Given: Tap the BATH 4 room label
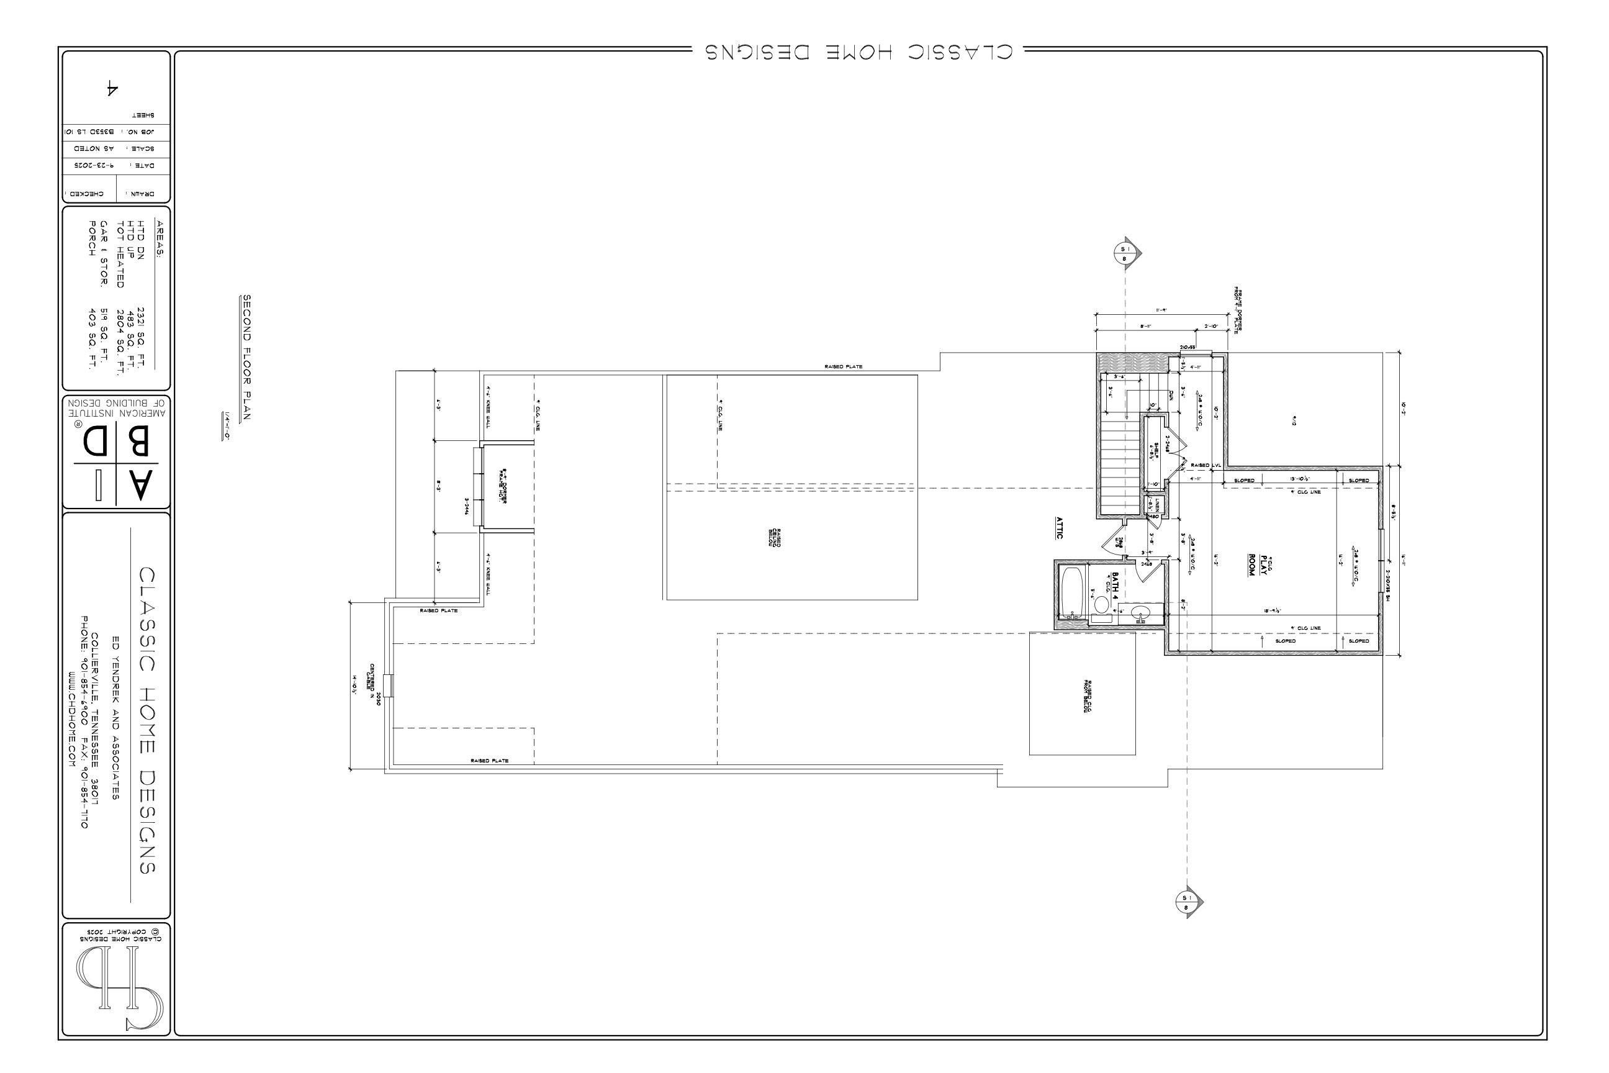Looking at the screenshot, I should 1114,585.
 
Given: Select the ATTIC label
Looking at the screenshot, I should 1059,527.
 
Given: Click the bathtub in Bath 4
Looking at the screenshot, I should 1071,591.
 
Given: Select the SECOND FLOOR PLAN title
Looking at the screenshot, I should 247,357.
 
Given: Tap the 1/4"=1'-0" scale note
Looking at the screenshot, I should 226,425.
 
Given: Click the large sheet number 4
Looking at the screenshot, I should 112,88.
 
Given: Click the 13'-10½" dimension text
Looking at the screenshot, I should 1299,479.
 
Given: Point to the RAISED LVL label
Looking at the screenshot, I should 1206,465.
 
